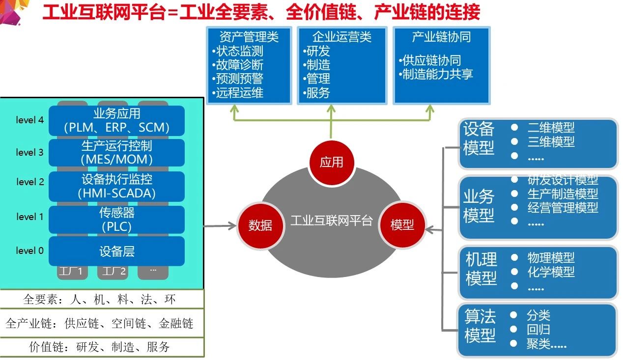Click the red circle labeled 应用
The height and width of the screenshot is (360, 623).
(331, 162)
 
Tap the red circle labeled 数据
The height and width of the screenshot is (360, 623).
(260, 225)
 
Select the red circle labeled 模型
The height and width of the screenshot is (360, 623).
(402, 225)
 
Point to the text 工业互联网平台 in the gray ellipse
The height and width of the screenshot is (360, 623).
(331, 221)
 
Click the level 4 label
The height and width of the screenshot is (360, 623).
(29, 120)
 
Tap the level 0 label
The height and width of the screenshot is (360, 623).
(29, 250)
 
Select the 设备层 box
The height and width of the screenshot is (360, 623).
(116, 251)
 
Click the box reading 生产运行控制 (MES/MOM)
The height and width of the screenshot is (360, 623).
(116, 153)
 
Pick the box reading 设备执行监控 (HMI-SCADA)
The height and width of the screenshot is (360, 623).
(116, 186)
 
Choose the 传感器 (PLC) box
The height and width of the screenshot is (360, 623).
(116, 220)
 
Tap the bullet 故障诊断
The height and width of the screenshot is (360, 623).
(239, 65)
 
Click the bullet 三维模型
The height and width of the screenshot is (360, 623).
(551, 142)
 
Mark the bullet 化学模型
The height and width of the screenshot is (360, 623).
(551, 272)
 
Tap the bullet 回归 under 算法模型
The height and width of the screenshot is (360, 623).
(538, 330)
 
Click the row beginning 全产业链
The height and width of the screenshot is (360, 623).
(102, 324)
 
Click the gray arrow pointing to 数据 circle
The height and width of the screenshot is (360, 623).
(219, 226)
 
